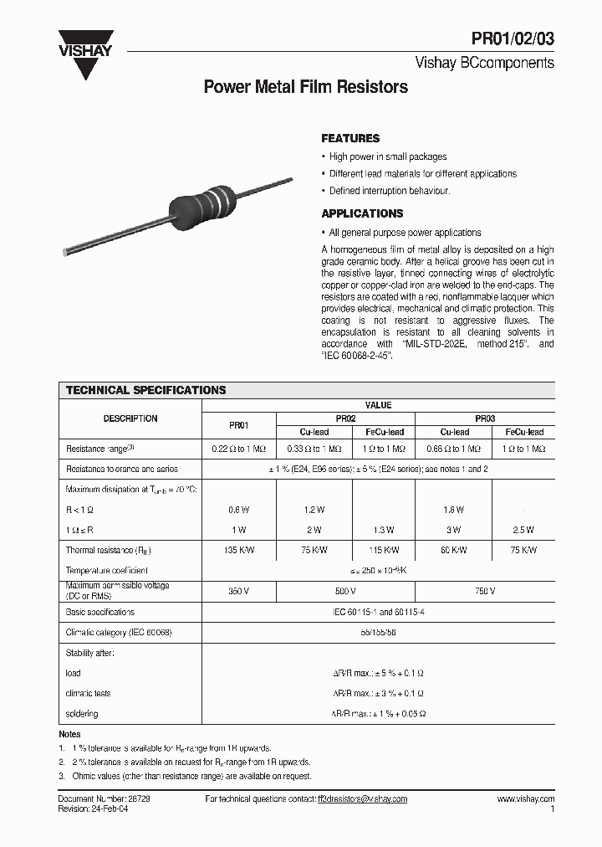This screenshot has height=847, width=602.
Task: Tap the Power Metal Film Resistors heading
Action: click(x=306, y=87)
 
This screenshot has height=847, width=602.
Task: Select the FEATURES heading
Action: click(x=350, y=139)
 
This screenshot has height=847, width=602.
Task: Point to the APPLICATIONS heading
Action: click(x=362, y=213)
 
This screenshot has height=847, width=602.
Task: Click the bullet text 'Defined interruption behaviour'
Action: click(x=389, y=191)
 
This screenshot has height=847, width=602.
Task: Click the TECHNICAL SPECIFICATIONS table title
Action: click(x=145, y=390)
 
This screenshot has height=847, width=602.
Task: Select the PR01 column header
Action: click(x=238, y=424)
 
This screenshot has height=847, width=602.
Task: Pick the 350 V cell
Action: click(x=238, y=591)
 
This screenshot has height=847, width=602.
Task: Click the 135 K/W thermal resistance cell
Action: click(x=238, y=550)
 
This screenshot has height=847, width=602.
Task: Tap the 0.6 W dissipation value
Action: click(x=238, y=510)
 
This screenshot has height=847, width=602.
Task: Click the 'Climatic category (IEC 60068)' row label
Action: click(x=119, y=632)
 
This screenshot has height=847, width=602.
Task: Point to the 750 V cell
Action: click(x=485, y=591)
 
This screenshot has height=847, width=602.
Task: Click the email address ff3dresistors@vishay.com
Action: click(x=362, y=799)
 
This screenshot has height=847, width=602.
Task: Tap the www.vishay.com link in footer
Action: click(x=525, y=799)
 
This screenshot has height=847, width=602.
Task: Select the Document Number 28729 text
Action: click(x=104, y=799)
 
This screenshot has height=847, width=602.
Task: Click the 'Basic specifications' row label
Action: click(x=99, y=612)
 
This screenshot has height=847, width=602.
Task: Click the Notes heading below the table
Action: click(x=69, y=734)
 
